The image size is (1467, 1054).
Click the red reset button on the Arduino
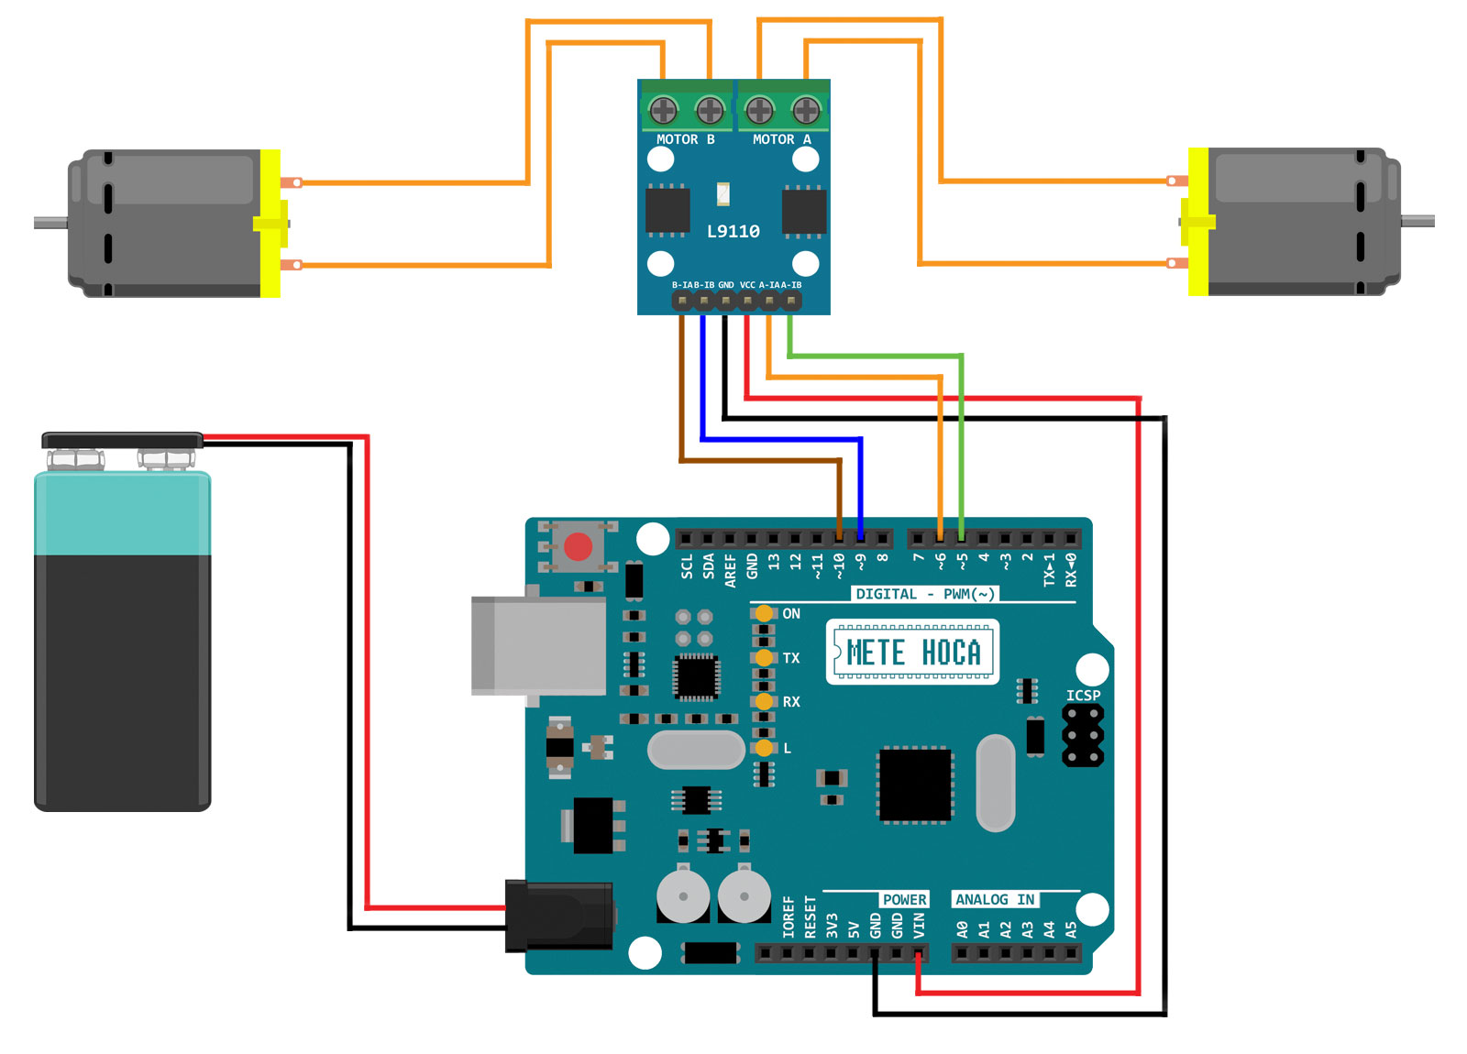tap(578, 547)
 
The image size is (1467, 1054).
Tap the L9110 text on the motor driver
tap(733, 231)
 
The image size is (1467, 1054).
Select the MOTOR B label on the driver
tap(685, 139)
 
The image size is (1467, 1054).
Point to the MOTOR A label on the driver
tap(781, 139)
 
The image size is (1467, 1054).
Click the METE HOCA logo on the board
tap(912, 653)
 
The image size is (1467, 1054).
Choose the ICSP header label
tap(1083, 696)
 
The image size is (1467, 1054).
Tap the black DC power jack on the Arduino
tap(558, 915)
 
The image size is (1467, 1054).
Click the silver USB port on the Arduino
tap(538, 645)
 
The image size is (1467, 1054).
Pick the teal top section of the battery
tap(122, 513)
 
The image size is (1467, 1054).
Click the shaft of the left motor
tap(50, 223)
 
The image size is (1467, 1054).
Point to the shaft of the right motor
tap(1417, 221)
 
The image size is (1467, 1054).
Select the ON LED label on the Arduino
tap(791, 614)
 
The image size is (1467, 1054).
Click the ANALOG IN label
tap(995, 900)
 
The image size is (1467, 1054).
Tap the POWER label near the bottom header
tap(904, 900)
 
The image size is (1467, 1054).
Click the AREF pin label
tap(731, 569)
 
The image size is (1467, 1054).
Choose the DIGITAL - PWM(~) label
tap(924, 594)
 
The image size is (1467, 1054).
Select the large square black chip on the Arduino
tap(915, 785)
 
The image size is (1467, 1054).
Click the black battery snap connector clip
tap(122, 441)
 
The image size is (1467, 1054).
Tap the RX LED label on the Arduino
tap(791, 702)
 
